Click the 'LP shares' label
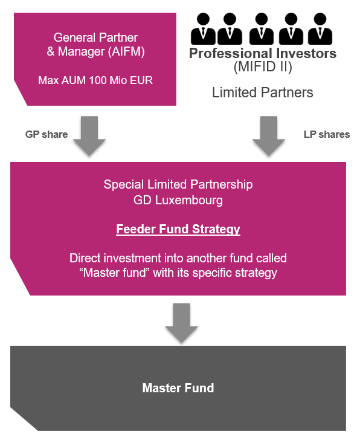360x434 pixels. (x=327, y=134)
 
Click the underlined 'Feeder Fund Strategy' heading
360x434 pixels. (x=178, y=230)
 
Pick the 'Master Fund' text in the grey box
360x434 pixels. (x=178, y=387)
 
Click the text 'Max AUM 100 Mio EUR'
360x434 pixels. (x=95, y=80)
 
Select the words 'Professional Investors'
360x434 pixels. (x=263, y=53)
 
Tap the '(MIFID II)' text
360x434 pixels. (x=263, y=68)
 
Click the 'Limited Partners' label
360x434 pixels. (x=263, y=92)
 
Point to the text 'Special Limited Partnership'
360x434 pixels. (x=178, y=184)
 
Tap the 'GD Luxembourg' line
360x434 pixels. (x=178, y=199)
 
